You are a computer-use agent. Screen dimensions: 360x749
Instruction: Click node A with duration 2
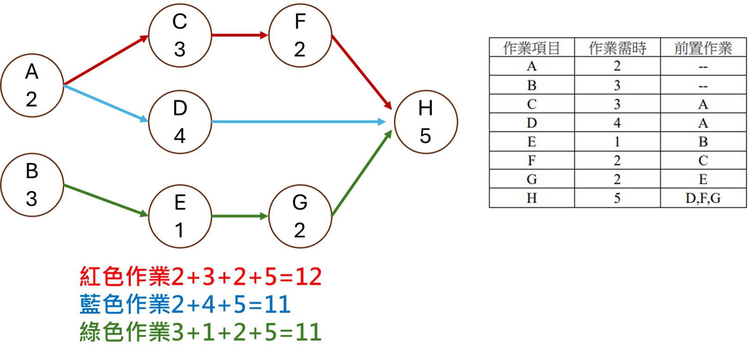click(32, 85)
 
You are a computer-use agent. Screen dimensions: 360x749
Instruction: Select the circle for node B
click(32, 185)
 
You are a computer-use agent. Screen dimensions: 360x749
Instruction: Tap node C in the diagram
click(180, 36)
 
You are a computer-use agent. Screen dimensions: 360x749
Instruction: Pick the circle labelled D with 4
click(180, 122)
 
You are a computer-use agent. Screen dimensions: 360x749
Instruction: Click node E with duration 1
click(180, 216)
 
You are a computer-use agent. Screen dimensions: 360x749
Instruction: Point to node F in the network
click(300, 36)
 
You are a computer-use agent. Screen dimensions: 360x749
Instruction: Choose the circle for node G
click(300, 216)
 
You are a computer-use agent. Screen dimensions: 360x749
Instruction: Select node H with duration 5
click(426, 122)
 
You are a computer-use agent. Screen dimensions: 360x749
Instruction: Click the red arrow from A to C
click(106, 61)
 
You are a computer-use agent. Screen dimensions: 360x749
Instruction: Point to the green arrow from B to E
click(106, 201)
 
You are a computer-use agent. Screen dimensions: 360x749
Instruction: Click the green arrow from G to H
click(362, 173)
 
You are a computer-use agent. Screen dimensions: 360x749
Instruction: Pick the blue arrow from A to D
click(106, 104)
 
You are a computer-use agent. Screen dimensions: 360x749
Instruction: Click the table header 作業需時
click(617, 48)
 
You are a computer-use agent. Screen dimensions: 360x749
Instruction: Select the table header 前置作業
click(703, 48)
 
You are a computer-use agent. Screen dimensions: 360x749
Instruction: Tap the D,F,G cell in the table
click(703, 198)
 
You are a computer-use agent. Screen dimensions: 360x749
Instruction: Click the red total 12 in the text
click(308, 277)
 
